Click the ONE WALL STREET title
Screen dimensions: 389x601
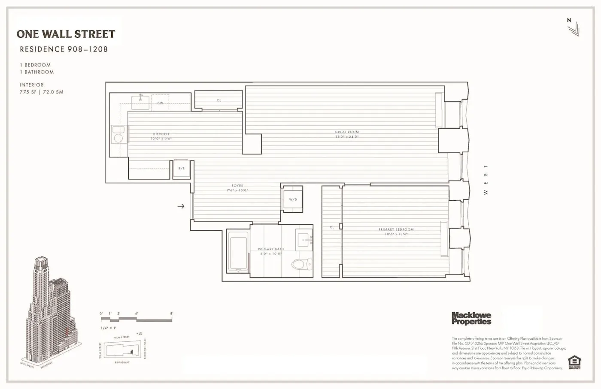coord(66,34)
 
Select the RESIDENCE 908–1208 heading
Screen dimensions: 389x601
coord(64,49)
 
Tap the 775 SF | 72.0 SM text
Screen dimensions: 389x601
coord(41,92)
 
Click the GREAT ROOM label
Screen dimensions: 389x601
coord(346,132)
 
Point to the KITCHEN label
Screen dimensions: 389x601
coord(161,134)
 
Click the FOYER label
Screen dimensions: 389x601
coord(237,186)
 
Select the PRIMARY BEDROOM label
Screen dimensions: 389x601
coord(396,230)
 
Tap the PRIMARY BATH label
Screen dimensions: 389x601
coord(271,249)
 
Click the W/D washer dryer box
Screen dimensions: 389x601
coord(293,199)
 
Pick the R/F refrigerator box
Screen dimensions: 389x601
coord(182,169)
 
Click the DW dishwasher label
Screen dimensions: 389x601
coord(160,103)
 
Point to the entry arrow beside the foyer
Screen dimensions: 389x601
coord(181,206)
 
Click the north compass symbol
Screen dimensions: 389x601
coord(572,27)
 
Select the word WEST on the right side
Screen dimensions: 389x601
coord(486,180)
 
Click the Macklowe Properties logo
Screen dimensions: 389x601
coord(471,318)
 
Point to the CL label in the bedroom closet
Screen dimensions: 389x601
coord(332,227)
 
